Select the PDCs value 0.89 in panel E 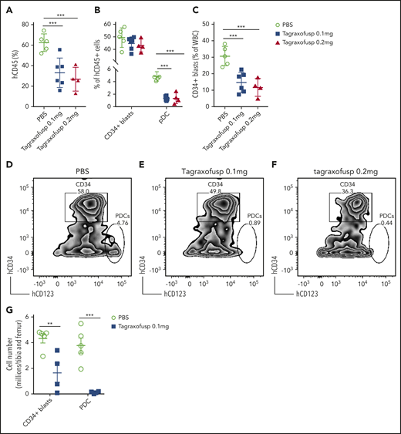(x=253, y=222)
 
